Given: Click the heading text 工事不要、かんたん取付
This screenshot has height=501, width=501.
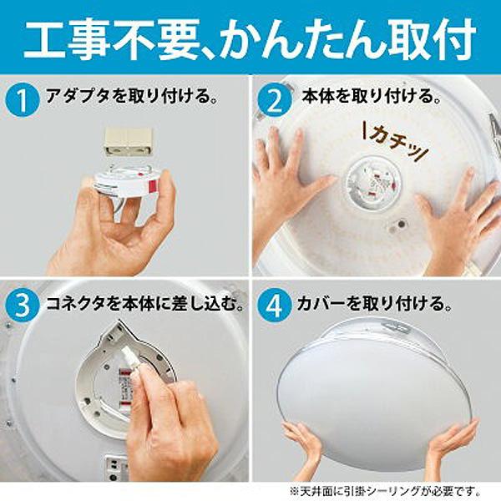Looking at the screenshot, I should click(x=250, y=38).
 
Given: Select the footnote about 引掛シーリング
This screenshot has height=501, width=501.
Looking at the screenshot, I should click(x=383, y=488).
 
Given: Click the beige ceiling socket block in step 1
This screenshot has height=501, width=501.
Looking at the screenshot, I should click(x=126, y=141).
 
